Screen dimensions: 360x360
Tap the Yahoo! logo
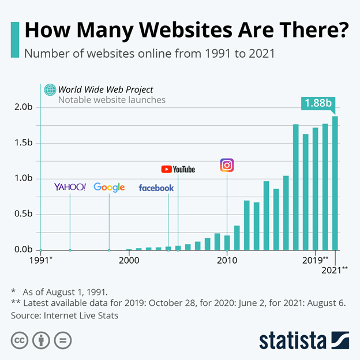tap(70, 187)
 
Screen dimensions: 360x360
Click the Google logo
tap(109, 187)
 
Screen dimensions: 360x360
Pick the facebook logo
tap(156, 188)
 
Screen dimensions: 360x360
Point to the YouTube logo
tap(178, 169)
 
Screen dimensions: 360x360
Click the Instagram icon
tap(227, 166)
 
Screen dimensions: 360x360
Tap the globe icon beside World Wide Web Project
tap(50, 89)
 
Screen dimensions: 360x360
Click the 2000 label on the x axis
tap(129, 260)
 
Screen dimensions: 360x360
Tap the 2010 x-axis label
tap(227, 260)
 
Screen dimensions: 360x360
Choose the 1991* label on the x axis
tap(41, 260)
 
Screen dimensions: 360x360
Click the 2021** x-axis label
tap(336, 269)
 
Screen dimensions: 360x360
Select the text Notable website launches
tap(112, 100)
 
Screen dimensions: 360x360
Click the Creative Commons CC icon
tap(20, 340)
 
